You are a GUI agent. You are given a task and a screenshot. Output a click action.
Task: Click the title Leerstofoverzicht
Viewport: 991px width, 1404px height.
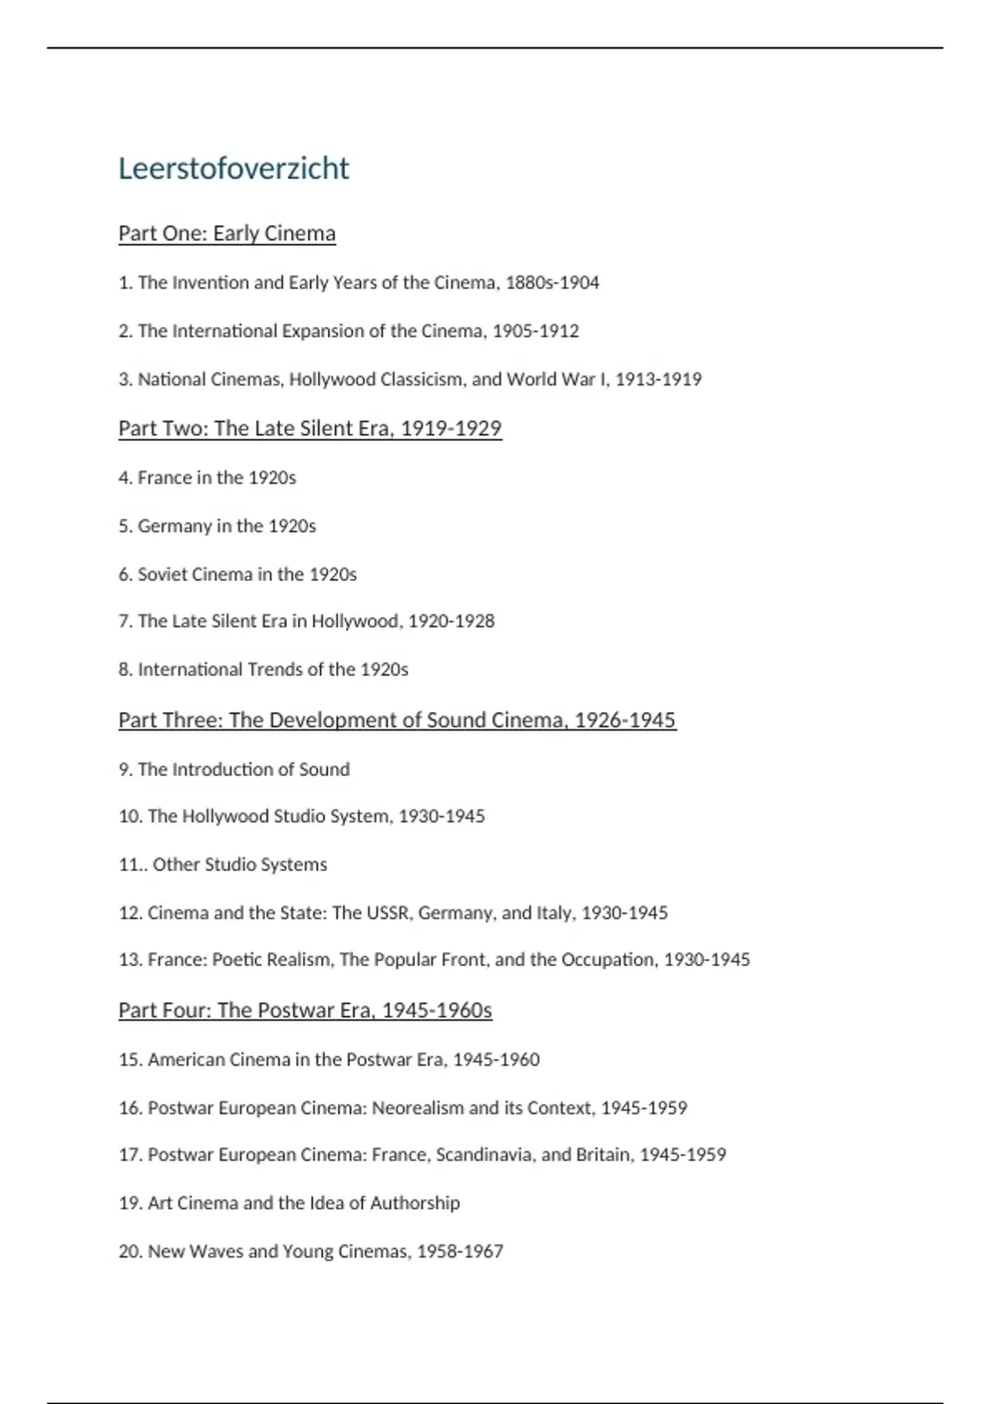tap(234, 168)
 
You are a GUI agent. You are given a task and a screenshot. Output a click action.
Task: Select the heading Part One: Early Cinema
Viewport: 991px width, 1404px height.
tap(227, 234)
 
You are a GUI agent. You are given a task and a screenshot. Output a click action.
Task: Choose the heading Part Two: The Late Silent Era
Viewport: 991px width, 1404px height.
tap(310, 429)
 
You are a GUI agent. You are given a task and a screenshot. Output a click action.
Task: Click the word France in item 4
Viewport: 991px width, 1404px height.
tap(164, 477)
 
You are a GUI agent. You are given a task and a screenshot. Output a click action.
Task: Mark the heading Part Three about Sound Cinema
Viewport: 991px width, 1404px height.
tap(397, 720)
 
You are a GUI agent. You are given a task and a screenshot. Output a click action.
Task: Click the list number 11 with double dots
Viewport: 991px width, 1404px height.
tap(132, 865)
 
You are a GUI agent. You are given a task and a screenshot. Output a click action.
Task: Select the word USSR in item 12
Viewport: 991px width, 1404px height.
tap(388, 913)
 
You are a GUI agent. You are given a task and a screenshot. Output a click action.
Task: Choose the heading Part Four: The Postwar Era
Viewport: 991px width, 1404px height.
tap(305, 1010)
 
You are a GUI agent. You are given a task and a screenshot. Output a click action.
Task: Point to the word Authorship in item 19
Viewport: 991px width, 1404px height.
tap(415, 1203)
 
